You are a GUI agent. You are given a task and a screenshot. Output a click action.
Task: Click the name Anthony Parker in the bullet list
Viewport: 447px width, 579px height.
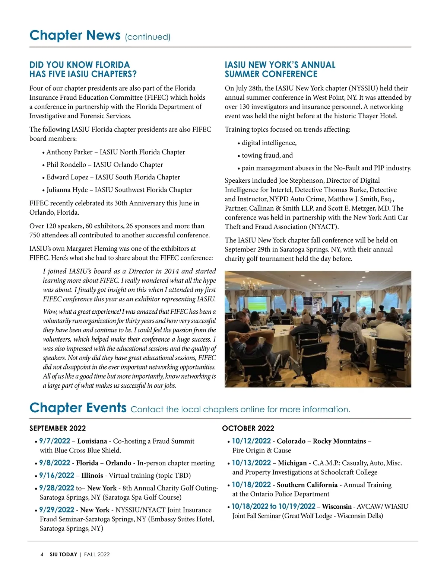pyautogui.click(x=69, y=152)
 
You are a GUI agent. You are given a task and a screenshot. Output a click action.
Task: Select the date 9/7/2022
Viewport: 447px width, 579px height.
pyautogui.click(x=54, y=441)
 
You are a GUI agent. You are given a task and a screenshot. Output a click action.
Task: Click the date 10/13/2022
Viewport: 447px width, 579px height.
pyautogui.click(x=251, y=463)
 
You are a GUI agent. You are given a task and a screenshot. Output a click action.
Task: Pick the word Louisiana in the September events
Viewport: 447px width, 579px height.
pyautogui.click(x=92, y=441)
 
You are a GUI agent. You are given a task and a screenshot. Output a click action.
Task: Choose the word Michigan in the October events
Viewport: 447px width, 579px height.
pyautogui.click(x=292, y=463)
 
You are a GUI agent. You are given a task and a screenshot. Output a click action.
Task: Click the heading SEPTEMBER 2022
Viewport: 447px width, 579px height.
pyautogui.click(x=57, y=428)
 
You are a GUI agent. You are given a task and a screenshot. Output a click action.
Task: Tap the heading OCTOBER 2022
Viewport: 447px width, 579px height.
pyautogui.click(x=248, y=428)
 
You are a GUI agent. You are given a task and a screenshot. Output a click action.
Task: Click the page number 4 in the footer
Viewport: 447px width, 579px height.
pyautogui.click(x=42, y=554)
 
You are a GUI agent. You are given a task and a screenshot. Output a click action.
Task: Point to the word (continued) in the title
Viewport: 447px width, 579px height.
pyautogui.click(x=148, y=37)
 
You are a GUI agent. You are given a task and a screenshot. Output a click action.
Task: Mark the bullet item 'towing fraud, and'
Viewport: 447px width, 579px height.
pyautogui.click(x=267, y=156)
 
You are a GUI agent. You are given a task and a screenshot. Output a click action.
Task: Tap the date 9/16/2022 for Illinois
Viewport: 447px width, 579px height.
pyautogui.click(x=57, y=476)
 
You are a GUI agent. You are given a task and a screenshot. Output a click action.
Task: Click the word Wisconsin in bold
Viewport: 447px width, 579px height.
pyautogui.click(x=336, y=506)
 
